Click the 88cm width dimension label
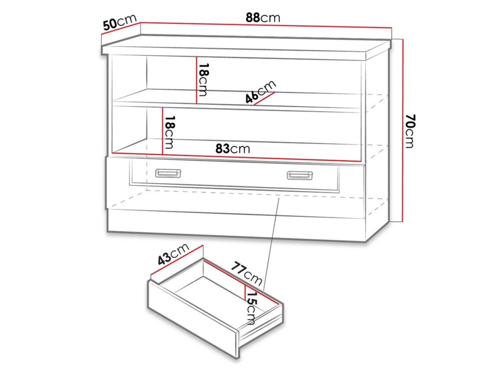pos(263,18)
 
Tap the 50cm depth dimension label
pos(120,22)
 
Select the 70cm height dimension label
pos(409,131)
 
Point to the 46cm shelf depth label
pos(260,92)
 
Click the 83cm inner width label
pos(233,149)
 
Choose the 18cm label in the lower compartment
pos(170,132)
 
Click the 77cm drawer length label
pos(246,273)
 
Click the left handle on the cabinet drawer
pos(168,174)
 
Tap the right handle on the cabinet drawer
pos(300,175)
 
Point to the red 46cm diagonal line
pos(264,99)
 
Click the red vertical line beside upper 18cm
pos(197,80)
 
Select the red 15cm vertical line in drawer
pos(245,292)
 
